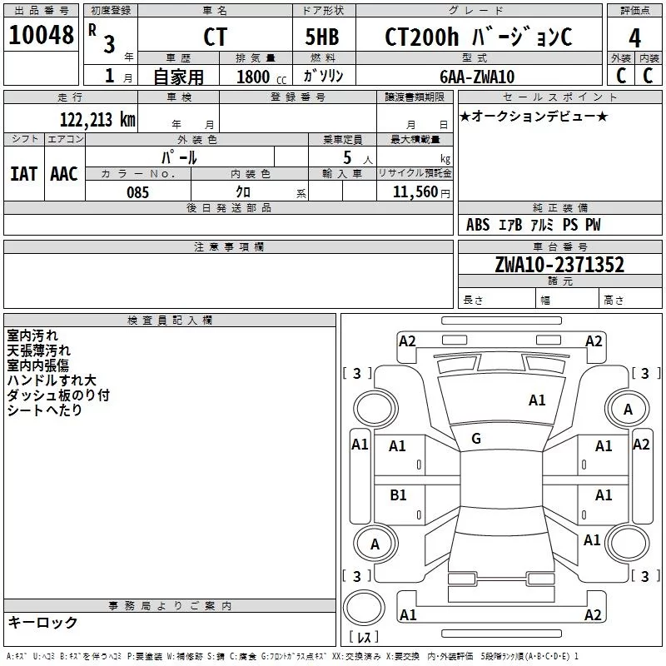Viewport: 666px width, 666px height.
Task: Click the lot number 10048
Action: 41,36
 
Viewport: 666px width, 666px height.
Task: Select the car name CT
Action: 214,37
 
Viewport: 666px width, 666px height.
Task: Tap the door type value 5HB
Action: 321,37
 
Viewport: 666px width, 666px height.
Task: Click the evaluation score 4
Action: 634,37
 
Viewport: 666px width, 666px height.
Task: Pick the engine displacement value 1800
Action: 253,77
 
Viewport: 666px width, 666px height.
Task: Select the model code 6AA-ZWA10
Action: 477,77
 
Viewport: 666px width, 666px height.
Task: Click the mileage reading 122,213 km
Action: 97,120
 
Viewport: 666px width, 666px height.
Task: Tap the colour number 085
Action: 137,191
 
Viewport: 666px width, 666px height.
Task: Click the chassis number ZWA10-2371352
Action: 559,265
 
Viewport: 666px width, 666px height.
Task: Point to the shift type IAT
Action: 23,173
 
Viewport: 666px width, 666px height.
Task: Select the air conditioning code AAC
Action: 63,173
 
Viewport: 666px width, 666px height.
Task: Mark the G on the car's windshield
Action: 476,438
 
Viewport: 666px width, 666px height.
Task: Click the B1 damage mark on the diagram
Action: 398,495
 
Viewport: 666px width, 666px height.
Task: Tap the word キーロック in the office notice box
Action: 42,622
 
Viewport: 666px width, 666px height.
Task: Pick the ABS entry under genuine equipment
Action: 478,225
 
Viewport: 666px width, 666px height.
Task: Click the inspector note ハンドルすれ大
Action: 52,380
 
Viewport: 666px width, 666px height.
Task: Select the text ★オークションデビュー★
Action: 534,116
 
